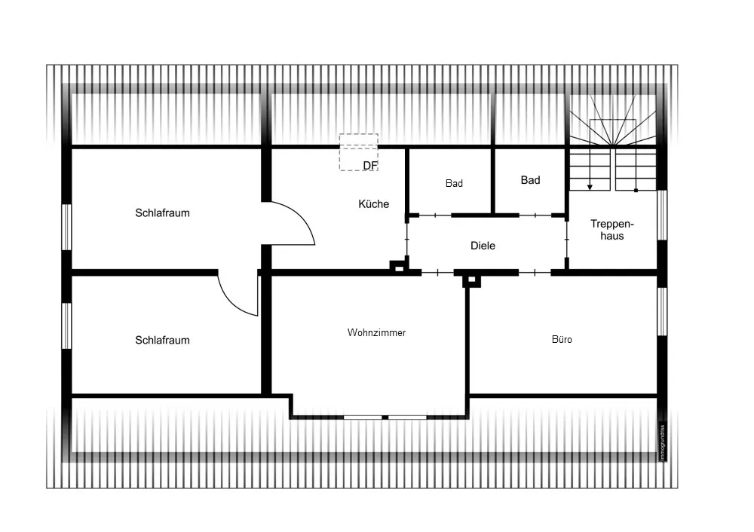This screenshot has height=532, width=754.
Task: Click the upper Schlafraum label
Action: pyautogui.click(x=162, y=213)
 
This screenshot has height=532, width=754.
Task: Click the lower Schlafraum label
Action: pyautogui.click(x=162, y=341)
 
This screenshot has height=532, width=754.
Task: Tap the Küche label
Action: pyautogui.click(x=374, y=203)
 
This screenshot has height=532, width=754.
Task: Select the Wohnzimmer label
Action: pyautogui.click(x=376, y=332)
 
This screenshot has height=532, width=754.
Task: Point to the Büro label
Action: pyautogui.click(x=562, y=339)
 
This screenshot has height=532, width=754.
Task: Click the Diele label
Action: pyautogui.click(x=483, y=246)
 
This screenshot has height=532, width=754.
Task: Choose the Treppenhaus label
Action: pyautogui.click(x=612, y=230)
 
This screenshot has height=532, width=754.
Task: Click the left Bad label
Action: pyautogui.click(x=454, y=183)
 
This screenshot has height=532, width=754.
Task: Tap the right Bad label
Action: pyautogui.click(x=530, y=180)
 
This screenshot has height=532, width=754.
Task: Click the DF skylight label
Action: pyautogui.click(x=370, y=165)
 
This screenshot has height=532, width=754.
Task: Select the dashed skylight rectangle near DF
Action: pyautogui.click(x=359, y=135)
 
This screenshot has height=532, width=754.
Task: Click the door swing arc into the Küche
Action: pyautogui.click(x=303, y=217)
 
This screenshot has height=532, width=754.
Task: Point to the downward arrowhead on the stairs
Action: pyautogui.click(x=590, y=187)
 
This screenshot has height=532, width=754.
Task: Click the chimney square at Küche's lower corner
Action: pyautogui.click(x=399, y=267)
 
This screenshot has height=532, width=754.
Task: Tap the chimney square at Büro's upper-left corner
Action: pyautogui.click(x=472, y=280)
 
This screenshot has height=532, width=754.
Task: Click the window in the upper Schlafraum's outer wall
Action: pyautogui.click(x=66, y=227)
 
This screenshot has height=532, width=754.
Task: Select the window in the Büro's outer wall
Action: pyautogui.click(x=662, y=312)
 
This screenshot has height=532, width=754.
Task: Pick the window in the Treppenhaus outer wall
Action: pyautogui.click(x=662, y=216)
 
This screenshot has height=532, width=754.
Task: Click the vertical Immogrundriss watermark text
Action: pyautogui.click(x=663, y=443)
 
